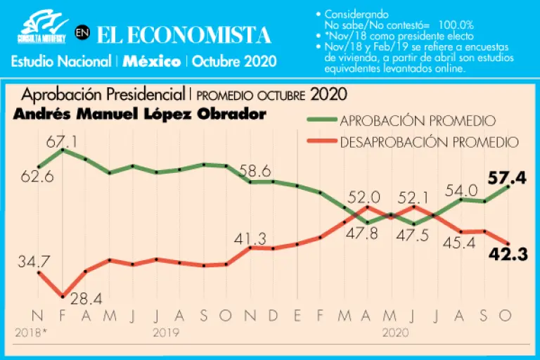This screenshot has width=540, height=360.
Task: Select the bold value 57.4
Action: click(507, 179)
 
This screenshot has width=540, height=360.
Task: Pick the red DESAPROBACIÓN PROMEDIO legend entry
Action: click(429, 142)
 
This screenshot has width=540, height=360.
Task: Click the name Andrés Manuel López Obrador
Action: click(140, 114)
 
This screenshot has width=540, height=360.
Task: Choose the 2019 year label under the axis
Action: click(167, 330)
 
